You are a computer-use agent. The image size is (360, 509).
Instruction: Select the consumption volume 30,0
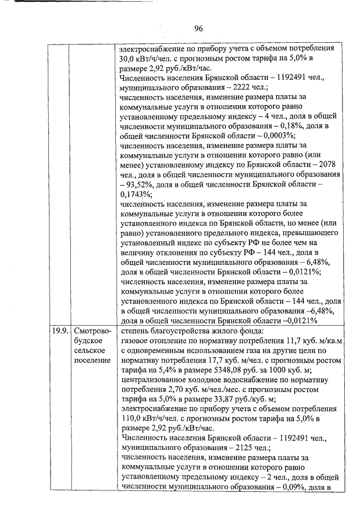[129, 58]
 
